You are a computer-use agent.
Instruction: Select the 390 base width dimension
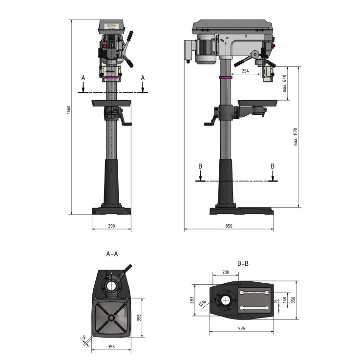[x=111, y=226]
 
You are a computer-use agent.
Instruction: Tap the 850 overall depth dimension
[x=229, y=226]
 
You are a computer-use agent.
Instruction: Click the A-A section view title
[x=112, y=254]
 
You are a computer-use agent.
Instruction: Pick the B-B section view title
[x=243, y=263]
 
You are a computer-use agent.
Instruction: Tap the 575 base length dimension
[x=241, y=329]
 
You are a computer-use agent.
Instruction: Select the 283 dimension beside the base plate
[x=192, y=299]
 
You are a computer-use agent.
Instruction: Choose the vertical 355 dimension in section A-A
[x=139, y=318]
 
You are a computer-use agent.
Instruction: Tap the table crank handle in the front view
[x=128, y=124]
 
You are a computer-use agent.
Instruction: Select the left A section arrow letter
[x=83, y=78]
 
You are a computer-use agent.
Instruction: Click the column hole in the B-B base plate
[x=227, y=300]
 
